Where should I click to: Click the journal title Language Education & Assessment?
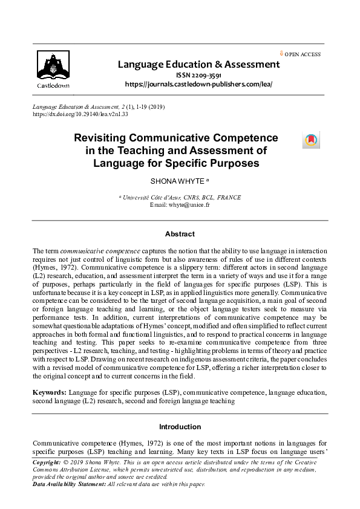[198, 64]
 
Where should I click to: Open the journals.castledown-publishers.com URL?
[198, 84]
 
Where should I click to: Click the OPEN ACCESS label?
[303, 54]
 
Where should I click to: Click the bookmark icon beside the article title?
[310, 141]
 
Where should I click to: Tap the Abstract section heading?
[180, 234]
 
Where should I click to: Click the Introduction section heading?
[180, 427]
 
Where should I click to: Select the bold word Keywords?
[49, 392]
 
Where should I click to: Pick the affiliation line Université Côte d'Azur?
[180, 198]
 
